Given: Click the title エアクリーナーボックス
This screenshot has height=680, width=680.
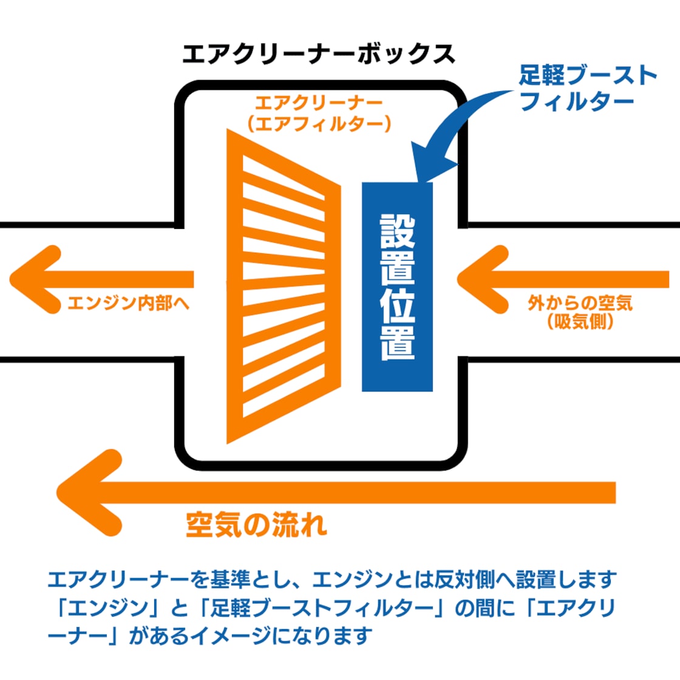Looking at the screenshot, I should click(x=318, y=54).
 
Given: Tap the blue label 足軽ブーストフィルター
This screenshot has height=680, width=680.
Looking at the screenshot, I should click(x=588, y=88).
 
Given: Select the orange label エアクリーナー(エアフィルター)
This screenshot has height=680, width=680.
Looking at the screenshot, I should click(x=319, y=114).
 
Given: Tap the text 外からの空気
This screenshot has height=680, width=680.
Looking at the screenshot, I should click(x=580, y=302).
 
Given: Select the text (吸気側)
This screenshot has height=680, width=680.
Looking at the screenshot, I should click(x=580, y=322).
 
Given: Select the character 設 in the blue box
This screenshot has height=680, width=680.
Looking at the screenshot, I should click(x=398, y=231).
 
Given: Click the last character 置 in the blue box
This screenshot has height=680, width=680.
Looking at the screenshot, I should click(x=398, y=344).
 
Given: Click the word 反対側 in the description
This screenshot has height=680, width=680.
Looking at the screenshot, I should click(x=464, y=580).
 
